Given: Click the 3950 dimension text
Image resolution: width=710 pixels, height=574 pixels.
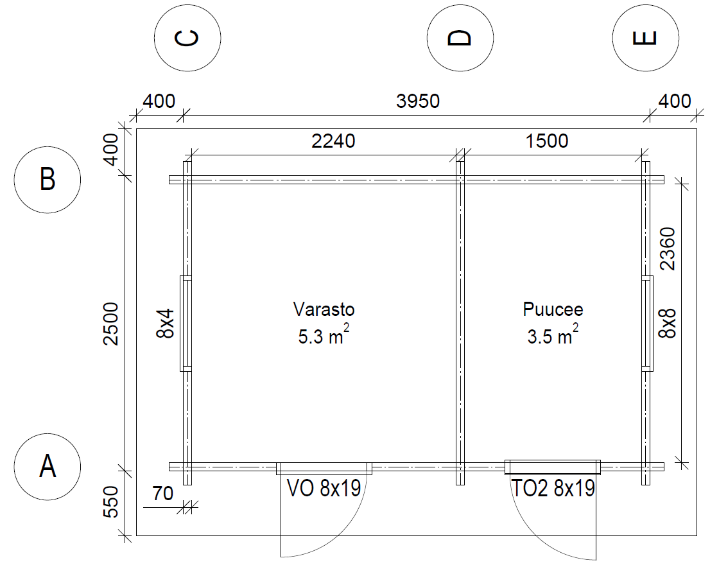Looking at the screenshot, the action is [x=418, y=101].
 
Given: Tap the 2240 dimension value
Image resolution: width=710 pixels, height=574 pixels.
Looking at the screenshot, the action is [x=333, y=141].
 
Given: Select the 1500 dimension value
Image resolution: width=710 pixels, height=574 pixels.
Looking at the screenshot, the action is [x=547, y=141].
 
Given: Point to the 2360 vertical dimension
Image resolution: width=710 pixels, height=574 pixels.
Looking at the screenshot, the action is [x=668, y=248].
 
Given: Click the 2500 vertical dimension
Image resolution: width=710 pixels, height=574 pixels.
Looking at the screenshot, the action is [x=110, y=324].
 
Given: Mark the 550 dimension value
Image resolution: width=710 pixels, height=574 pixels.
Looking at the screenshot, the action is [x=110, y=501].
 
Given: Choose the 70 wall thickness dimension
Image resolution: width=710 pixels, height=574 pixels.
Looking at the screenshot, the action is [x=162, y=493].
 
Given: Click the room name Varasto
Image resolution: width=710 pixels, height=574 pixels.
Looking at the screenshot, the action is [x=324, y=309].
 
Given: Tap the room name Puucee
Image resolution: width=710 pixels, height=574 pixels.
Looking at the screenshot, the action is [x=553, y=309].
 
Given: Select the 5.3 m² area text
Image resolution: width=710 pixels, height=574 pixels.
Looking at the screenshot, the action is [x=324, y=335].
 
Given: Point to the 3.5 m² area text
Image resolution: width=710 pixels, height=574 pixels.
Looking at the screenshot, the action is [x=553, y=335].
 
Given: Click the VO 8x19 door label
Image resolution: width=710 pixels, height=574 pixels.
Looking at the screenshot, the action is [x=324, y=489].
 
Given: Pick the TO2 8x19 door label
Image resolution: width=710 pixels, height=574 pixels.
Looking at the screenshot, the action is [x=553, y=489].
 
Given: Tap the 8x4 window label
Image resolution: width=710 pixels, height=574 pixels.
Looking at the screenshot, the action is [x=165, y=324].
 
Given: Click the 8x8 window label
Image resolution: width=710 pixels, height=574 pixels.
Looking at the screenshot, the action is [x=668, y=324].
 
